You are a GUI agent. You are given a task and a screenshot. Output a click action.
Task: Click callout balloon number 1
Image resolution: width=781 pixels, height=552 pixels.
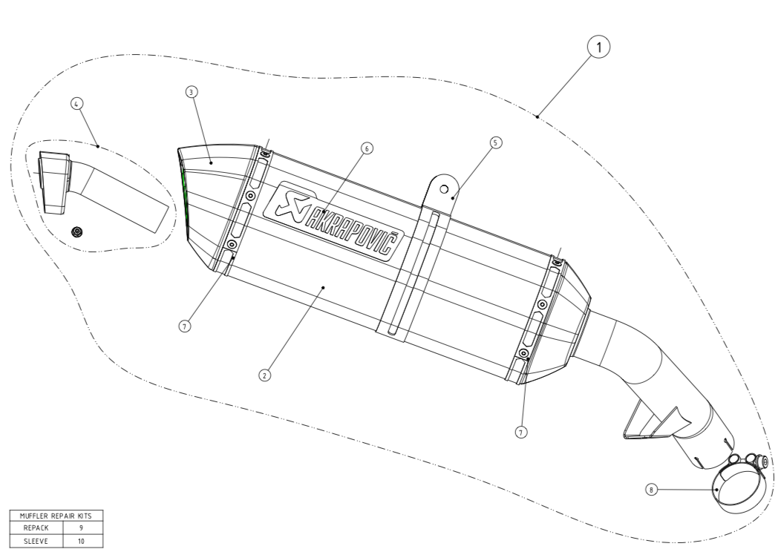(x=598, y=47)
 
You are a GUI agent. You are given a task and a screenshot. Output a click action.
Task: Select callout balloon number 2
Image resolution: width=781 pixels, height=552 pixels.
(x=265, y=375)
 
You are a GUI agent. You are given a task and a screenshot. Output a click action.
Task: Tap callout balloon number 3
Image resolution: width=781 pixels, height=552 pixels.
(x=192, y=92)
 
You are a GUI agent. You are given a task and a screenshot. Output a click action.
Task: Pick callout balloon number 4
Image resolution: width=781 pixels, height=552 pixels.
(x=76, y=104)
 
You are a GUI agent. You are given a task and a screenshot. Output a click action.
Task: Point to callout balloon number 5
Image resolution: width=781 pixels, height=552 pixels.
(x=495, y=143)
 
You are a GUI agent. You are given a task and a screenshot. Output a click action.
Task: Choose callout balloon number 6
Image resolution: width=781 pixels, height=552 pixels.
(x=367, y=148)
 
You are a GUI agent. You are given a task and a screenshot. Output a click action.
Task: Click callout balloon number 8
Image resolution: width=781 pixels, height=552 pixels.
(x=651, y=490)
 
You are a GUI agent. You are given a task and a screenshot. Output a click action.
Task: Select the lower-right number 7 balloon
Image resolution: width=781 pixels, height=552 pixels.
(x=521, y=432)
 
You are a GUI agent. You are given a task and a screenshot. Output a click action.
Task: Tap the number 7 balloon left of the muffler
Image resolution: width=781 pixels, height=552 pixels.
(x=185, y=326)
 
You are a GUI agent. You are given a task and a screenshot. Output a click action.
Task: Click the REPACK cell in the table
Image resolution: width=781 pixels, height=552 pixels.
(x=36, y=528)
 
